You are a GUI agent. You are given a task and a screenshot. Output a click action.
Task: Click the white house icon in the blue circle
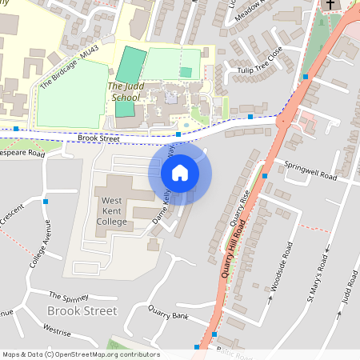180,172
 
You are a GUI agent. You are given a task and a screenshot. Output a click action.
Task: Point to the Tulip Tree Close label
260,63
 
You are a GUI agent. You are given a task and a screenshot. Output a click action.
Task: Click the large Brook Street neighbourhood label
82,310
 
